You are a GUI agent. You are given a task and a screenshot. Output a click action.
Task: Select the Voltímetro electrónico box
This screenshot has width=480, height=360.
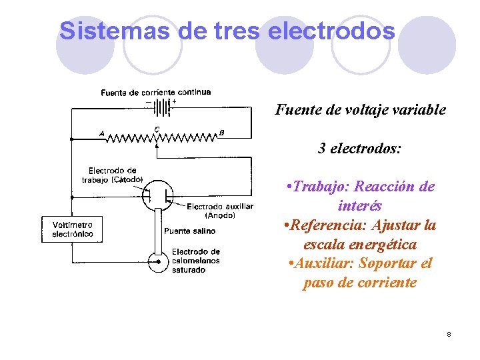(73, 229)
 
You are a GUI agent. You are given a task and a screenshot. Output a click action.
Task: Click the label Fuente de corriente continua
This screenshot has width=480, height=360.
(156, 92)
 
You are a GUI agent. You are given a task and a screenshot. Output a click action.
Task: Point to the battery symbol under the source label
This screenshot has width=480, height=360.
(162, 107)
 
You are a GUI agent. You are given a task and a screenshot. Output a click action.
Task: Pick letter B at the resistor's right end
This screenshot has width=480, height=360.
(221, 133)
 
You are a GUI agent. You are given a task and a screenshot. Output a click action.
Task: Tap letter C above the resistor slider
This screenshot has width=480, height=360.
(157, 129)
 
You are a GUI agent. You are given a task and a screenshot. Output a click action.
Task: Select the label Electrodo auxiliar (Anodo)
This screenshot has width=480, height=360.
(219, 211)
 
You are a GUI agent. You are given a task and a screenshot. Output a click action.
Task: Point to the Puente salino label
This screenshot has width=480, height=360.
(189, 231)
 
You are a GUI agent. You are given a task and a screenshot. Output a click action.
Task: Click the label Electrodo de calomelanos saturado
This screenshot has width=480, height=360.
(195, 261)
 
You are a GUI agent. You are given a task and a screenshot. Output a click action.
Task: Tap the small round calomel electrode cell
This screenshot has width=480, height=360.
(158, 262)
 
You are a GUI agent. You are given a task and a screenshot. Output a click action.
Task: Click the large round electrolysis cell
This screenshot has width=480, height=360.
(158, 194)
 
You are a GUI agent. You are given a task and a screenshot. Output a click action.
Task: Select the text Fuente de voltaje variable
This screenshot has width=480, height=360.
(361, 110)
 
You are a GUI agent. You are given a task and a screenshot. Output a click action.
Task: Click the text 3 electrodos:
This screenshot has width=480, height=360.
(360, 148)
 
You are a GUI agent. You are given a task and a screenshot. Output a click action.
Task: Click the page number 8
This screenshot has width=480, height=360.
(449, 333)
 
